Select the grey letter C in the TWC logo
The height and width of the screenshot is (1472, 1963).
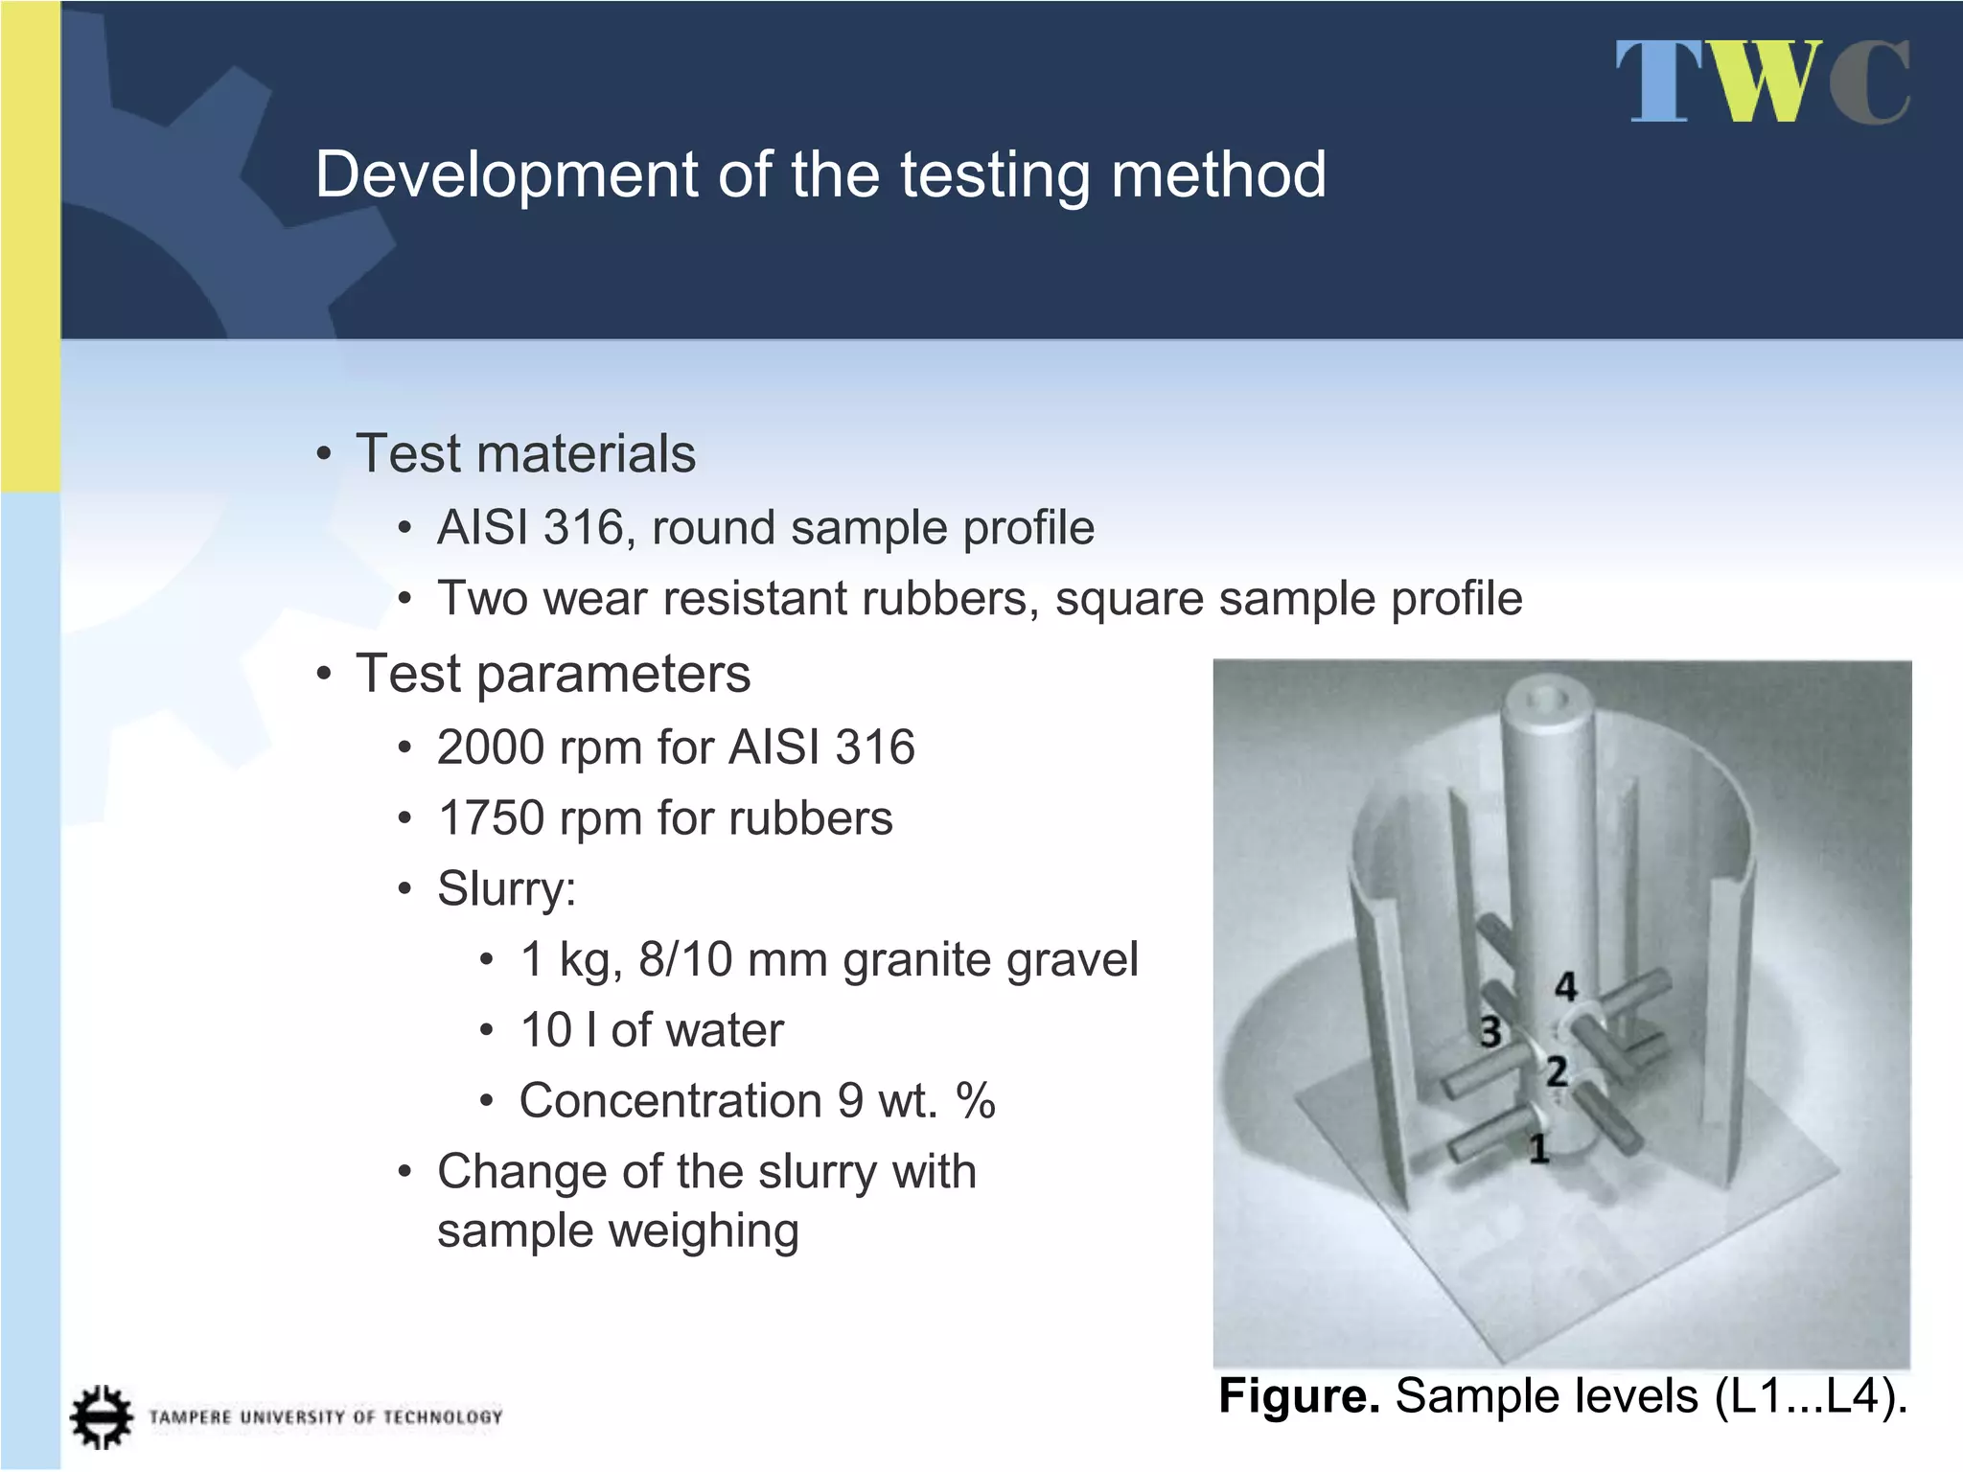coord(1869,82)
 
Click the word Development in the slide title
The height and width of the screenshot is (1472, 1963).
coord(506,175)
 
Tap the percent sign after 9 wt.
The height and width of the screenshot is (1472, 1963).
coord(976,1101)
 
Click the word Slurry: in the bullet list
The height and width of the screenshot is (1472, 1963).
coord(506,889)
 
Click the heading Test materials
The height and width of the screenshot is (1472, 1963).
coord(525,453)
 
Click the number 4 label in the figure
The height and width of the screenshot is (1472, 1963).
coord(1566,986)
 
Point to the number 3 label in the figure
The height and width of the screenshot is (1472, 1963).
coord(1490,1032)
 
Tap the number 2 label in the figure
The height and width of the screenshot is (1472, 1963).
coord(1557,1071)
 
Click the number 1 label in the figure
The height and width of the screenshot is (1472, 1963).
coord(1538,1148)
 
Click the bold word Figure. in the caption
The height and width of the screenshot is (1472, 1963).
coord(1299,1396)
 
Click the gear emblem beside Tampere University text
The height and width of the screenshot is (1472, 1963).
coord(101,1416)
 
